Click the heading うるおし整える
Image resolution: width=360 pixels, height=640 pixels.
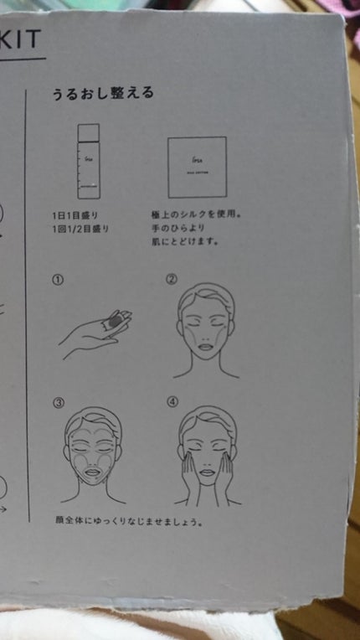[x=103, y=93]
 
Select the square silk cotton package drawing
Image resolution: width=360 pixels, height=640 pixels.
[x=197, y=167]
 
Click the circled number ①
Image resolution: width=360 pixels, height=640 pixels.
[x=57, y=281]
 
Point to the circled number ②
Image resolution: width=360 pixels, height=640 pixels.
[x=172, y=280]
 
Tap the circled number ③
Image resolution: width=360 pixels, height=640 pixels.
[x=58, y=402]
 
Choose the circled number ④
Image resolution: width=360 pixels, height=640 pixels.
[x=172, y=401]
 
